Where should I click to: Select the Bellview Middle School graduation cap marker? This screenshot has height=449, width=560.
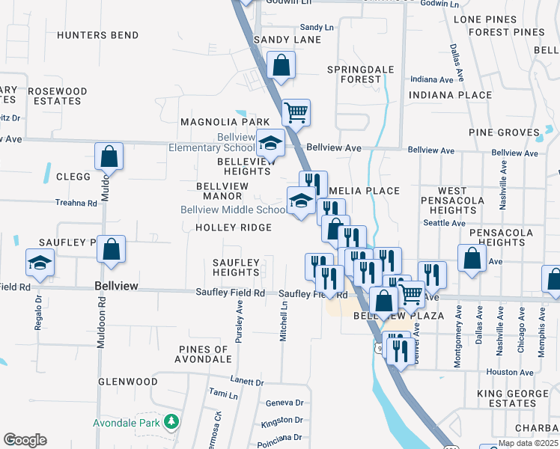coord(301,201)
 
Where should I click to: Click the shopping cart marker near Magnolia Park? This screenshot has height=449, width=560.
coord(296,112)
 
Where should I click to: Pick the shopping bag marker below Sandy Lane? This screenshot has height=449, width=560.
coord(281,65)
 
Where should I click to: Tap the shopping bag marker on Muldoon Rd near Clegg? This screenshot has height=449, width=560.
coord(109,156)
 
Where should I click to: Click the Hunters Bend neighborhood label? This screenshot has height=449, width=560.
coord(97,35)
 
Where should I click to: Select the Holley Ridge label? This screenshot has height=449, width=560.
coord(233,227)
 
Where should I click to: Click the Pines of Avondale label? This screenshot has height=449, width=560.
coord(203,354)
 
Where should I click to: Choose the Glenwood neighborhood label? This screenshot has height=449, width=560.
coord(127,382)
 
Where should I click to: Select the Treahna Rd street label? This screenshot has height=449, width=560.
coord(76,203)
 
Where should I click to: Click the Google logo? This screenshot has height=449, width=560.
coord(25,440)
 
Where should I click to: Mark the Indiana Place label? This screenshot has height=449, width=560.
coord(451,95)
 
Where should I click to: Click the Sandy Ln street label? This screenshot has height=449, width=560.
coord(317,27)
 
